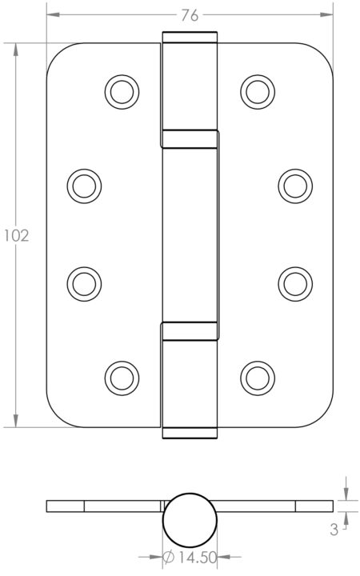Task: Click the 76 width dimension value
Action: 190,15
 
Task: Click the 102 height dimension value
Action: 16,236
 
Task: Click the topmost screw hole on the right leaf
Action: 257,90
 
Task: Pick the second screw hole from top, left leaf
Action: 84,186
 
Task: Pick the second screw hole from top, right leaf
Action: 294,186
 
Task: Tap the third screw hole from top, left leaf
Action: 84,282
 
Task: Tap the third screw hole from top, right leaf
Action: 294,282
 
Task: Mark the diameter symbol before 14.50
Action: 170,558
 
